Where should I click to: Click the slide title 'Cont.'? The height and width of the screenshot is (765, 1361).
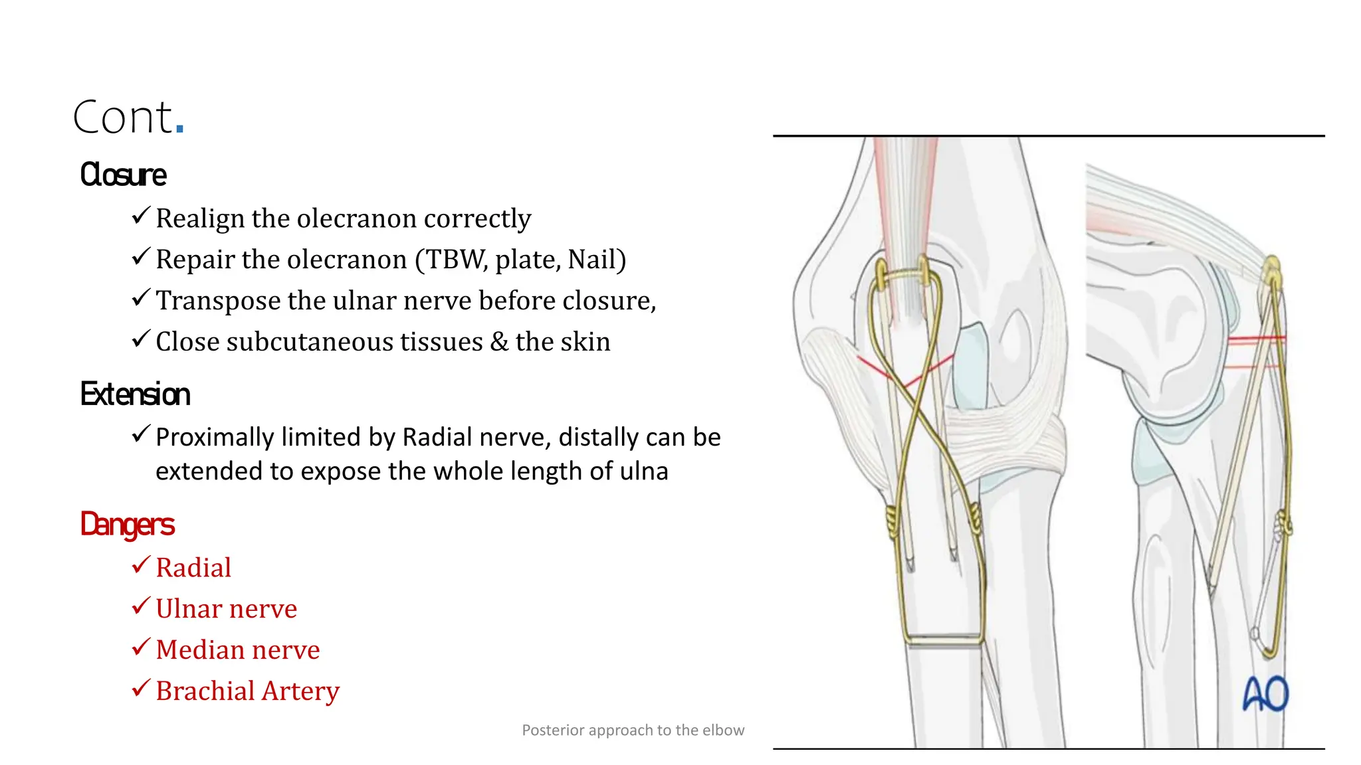(128, 118)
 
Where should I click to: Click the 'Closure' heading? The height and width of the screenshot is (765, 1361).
(123, 175)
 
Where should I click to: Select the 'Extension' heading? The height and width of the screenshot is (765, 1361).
(135, 394)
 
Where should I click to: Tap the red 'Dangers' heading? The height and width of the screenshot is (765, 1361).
(127, 525)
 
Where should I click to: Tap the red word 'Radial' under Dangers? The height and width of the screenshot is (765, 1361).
(193, 568)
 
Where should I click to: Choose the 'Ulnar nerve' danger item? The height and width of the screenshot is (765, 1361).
(226, 609)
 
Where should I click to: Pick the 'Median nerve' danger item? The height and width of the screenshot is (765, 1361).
(237, 650)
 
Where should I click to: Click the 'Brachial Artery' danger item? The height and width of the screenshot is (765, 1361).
(247, 691)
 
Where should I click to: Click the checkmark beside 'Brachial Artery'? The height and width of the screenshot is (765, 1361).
(141, 688)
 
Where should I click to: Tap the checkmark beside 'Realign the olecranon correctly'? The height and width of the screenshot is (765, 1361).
(141, 215)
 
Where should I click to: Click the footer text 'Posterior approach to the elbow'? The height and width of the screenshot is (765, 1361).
(633, 730)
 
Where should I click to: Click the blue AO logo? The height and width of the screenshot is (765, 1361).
(1265, 694)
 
